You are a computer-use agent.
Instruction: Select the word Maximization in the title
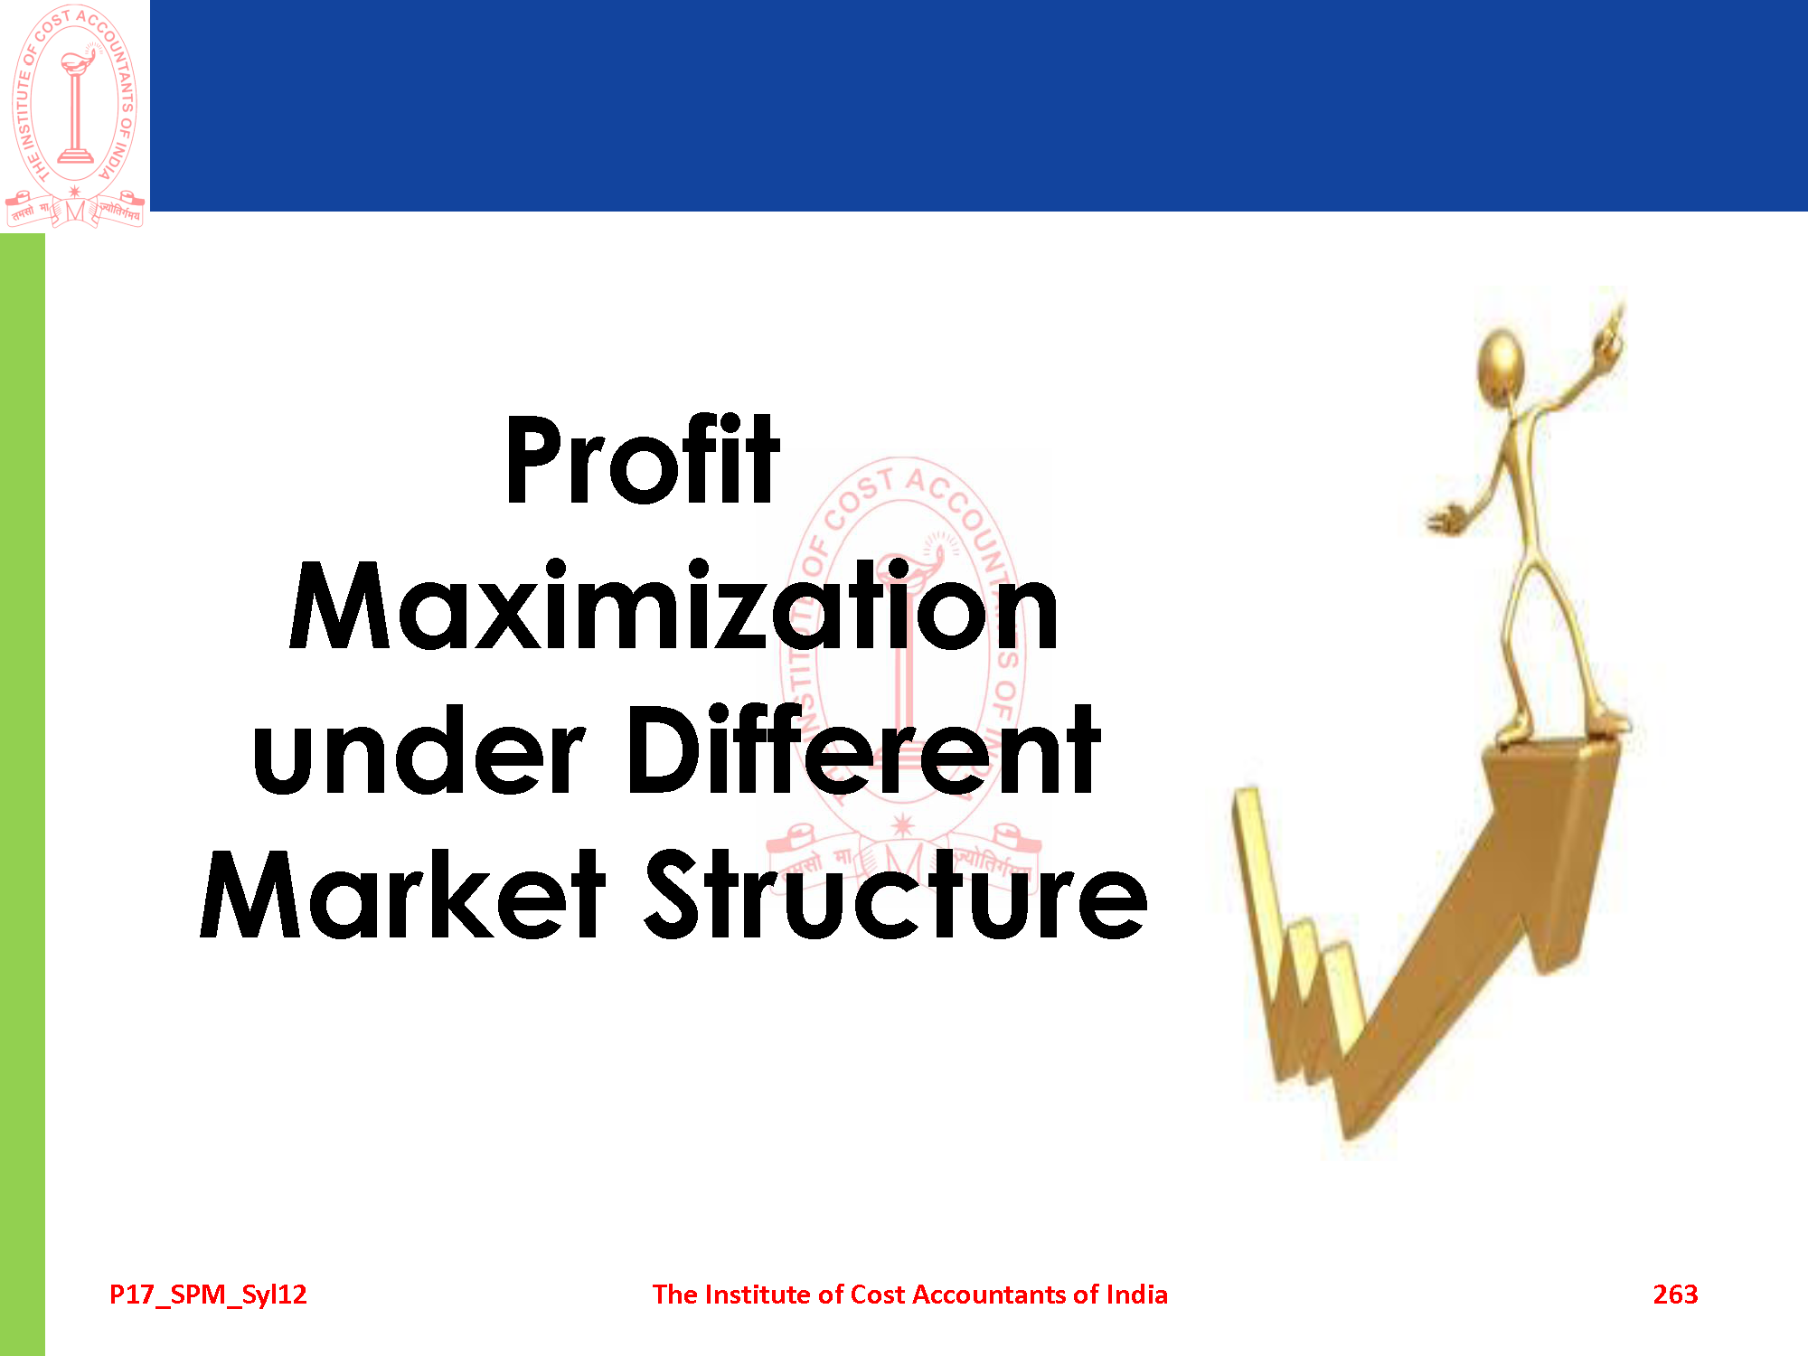point(673,605)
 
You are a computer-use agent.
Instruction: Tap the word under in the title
point(419,750)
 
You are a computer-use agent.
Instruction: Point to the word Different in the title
point(863,750)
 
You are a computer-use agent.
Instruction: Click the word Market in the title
point(402,894)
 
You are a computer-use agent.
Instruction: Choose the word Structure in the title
point(896,894)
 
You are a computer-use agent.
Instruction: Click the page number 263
point(1675,1295)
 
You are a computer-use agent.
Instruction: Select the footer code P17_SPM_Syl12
point(208,1295)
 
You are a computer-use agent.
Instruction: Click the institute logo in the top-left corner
point(75,116)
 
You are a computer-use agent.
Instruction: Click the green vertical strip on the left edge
point(23,795)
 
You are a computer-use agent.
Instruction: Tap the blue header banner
point(979,106)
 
